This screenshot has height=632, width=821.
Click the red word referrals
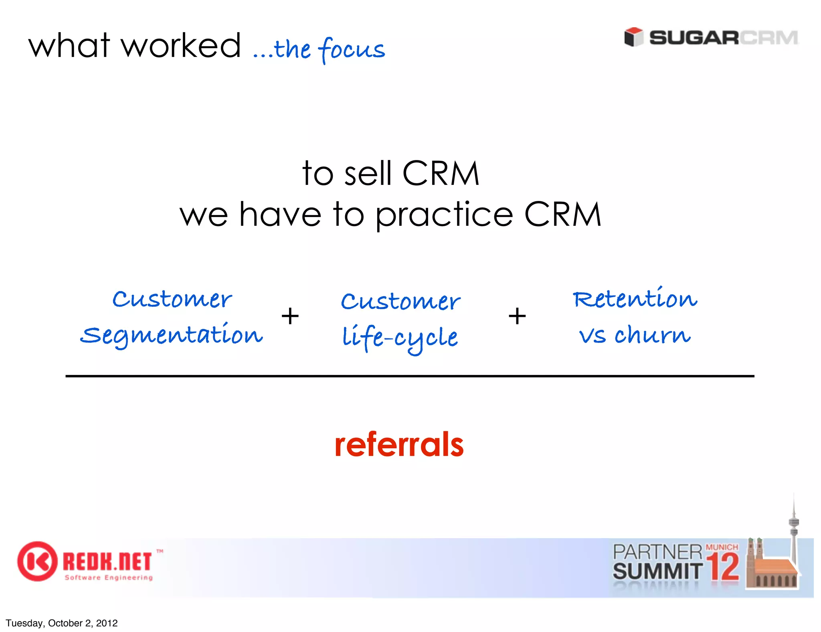pos(399,445)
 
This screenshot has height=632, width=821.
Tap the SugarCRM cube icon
pos(633,37)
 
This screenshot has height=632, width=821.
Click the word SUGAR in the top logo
pos(694,38)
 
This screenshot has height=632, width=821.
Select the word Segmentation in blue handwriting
pos(172,335)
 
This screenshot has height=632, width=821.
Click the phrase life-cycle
pos(400,338)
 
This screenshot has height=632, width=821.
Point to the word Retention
pos(635,299)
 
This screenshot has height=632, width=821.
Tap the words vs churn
pos(635,335)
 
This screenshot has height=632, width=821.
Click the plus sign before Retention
pos(517,316)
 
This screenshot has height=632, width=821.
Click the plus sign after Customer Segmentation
pos(290,316)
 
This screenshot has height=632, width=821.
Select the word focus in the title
pos(352,49)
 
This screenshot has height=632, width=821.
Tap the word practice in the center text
pos(444,215)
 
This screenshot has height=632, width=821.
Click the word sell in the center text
pos(368,174)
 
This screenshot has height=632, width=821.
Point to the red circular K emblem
pos(37,561)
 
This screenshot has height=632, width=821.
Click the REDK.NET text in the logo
pos(107,561)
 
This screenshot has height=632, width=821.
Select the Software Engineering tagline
pos(109,578)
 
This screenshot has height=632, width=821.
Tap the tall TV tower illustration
pos(793,533)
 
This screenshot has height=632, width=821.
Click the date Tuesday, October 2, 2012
pos(62,623)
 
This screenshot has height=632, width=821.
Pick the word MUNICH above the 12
pos(722,547)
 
